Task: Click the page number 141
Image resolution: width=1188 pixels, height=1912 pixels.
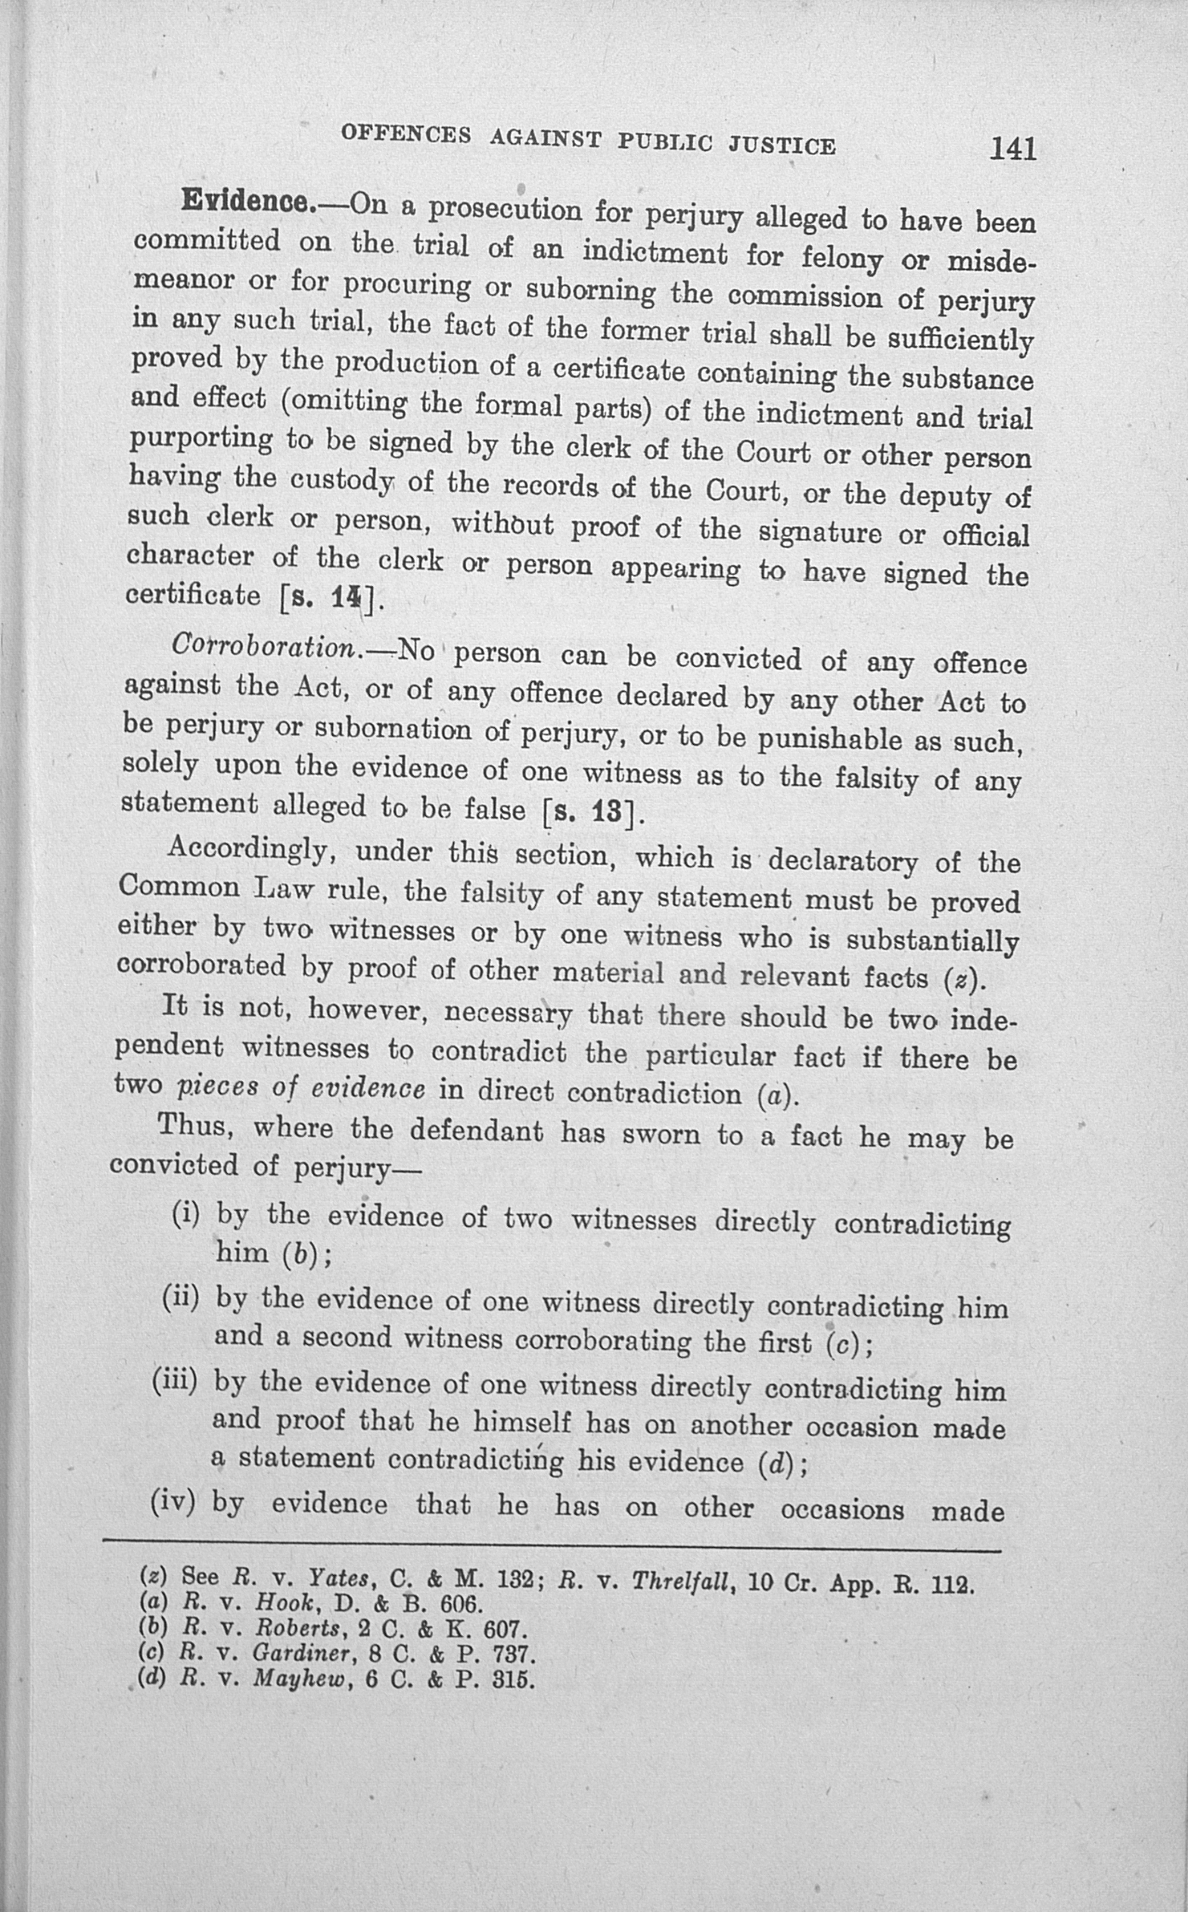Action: (1012, 148)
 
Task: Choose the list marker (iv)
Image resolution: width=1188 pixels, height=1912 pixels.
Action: (173, 1503)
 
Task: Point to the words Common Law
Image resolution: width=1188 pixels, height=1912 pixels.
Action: (214, 888)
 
